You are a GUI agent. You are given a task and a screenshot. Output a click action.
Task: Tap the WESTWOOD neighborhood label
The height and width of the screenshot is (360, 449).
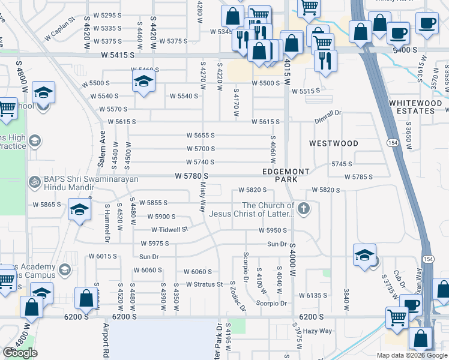(x=334, y=143)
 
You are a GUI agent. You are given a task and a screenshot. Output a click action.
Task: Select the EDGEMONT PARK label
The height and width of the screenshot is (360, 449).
(x=286, y=175)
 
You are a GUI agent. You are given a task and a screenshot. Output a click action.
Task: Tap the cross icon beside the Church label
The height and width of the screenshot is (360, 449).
(x=304, y=209)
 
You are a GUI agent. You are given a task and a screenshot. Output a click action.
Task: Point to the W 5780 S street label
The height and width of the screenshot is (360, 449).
(x=191, y=176)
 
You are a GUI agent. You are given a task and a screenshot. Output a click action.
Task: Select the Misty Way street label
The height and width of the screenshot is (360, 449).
(x=202, y=198)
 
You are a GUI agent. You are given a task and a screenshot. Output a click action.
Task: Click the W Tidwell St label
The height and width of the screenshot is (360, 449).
(x=169, y=229)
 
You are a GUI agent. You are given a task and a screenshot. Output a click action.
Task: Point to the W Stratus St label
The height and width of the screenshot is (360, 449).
(x=204, y=284)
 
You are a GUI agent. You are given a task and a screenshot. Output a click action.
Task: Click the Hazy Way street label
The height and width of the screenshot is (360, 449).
(x=318, y=331)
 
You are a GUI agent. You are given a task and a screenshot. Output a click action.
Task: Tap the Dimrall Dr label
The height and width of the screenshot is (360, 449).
(x=328, y=112)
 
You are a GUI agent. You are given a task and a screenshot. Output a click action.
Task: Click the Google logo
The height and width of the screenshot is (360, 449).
(x=20, y=352)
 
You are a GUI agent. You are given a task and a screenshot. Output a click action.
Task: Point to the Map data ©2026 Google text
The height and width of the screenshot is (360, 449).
(x=411, y=355)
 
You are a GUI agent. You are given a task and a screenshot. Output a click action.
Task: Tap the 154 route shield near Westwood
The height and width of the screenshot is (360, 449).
(x=392, y=143)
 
